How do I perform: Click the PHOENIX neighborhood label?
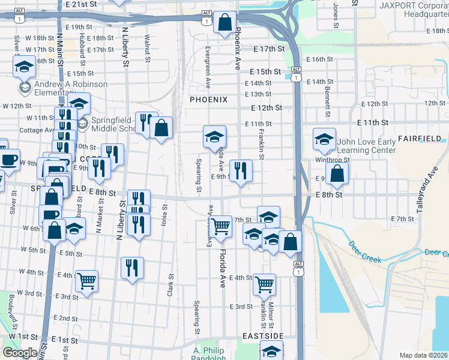click(209, 100)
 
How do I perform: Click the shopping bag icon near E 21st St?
click(224, 23)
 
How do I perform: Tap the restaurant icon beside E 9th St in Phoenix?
click(241, 170)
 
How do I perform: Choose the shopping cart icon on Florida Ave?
click(221, 226)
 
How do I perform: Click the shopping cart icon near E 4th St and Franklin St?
click(264, 284)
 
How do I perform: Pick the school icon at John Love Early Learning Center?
click(324, 140)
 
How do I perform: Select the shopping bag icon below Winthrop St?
click(337, 173)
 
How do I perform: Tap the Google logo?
click(20, 353)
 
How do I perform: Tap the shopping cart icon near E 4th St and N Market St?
click(88, 280)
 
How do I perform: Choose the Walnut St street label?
click(146, 47)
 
